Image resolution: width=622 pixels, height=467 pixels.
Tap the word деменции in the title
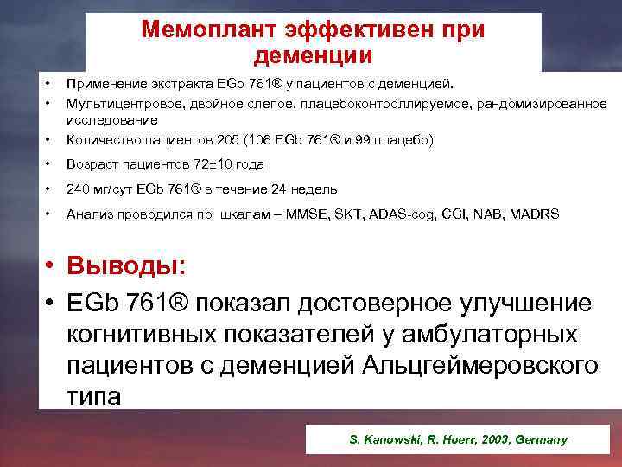314,57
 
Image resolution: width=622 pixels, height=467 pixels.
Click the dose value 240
78,189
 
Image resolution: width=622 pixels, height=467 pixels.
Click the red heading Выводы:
130,264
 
